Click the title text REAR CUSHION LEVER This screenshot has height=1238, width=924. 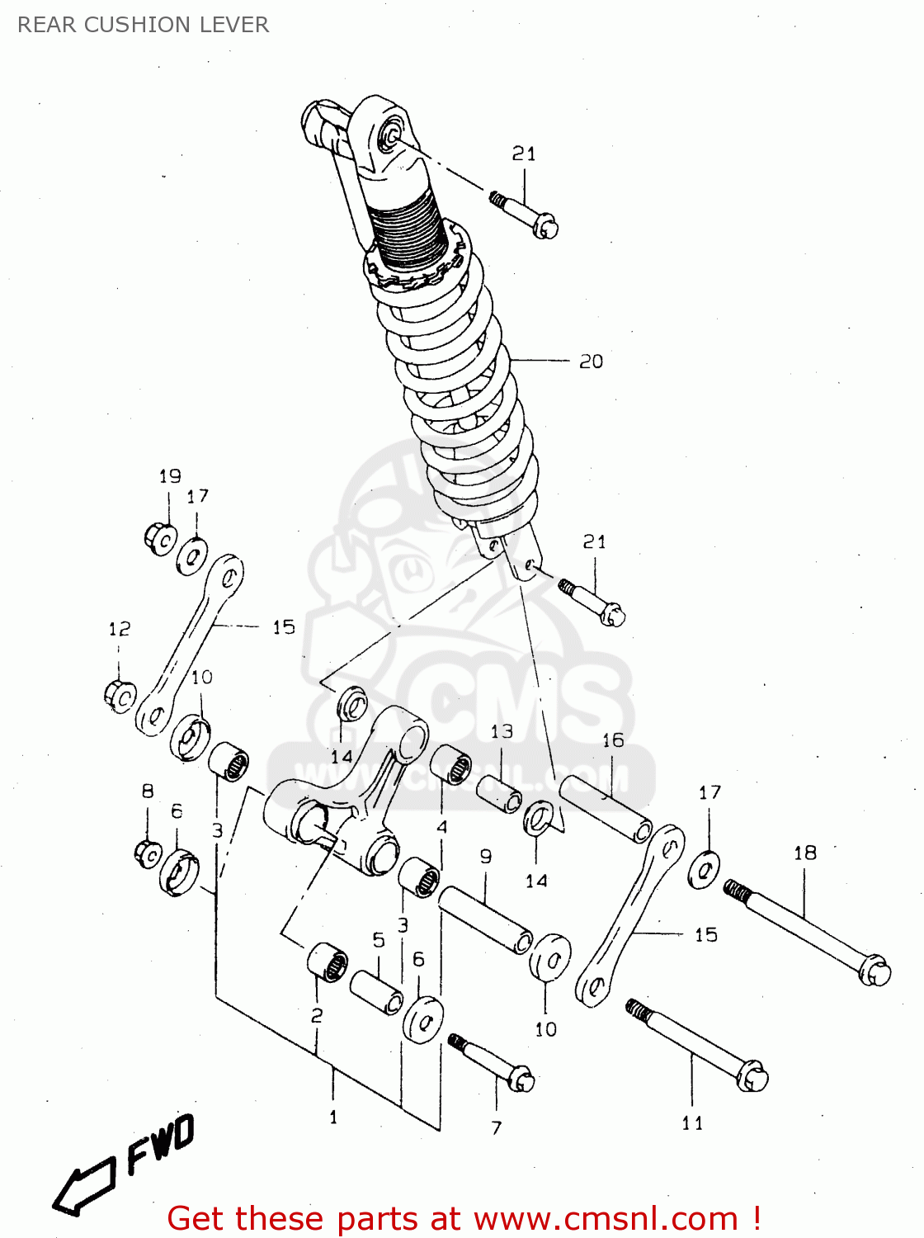pyautogui.click(x=143, y=25)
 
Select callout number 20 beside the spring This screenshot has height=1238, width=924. pyautogui.click(x=591, y=361)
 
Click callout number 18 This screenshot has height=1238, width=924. pyautogui.click(x=804, y=853)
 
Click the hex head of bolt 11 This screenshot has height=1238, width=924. pyautogui.click(x=752, y=1077)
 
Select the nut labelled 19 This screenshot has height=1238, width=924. pyautogui.click(x=160, y=539)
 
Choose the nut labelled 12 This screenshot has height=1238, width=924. pyautogui.click(x=120, y=696)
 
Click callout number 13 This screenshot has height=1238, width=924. pyautogui.click(x=502, y=731)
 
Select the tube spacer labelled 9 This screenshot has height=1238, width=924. pyautogui.click(x=485, y=919)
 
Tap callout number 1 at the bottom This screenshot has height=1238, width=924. pyautogui.click(x=333, y=1118)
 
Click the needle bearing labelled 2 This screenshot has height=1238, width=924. pyautogui.click(x=328, y=961)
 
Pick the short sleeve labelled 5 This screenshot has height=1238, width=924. pyautogui.click(x=376, y=991)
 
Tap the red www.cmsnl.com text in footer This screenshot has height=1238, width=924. pyautogui.click(x=606, y=1218)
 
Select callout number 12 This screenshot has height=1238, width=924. pyautogui.click(x=120, y=630)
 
